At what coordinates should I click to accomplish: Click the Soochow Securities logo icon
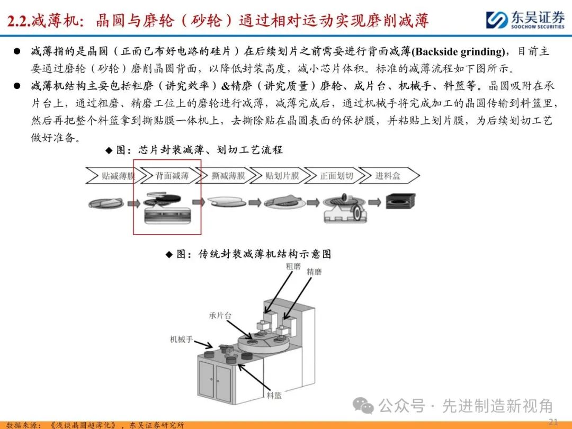pos(496,20)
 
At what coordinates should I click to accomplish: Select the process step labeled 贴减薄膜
pos(113,176)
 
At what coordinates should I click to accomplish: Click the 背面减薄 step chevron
pos(168,176)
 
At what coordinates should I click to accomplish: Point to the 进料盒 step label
pos(388,176)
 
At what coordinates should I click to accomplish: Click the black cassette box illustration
pos(400,201)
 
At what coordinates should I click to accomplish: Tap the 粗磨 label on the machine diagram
pos(293,266)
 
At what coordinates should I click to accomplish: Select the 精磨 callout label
pos(314,272)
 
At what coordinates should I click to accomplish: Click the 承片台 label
pos(220,316)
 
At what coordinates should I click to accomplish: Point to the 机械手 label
pos(181,339)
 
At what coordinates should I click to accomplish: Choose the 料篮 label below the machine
pos(274,395)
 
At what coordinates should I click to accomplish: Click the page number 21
pos(553,422)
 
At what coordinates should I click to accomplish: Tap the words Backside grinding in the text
pos(459,51)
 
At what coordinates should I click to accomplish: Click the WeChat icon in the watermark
pos(363,405)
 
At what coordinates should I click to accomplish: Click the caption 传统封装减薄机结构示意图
pos(265,254)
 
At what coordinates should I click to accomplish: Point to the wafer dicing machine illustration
pos(345,208)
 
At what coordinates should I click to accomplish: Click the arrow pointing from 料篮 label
pos(254,377)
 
